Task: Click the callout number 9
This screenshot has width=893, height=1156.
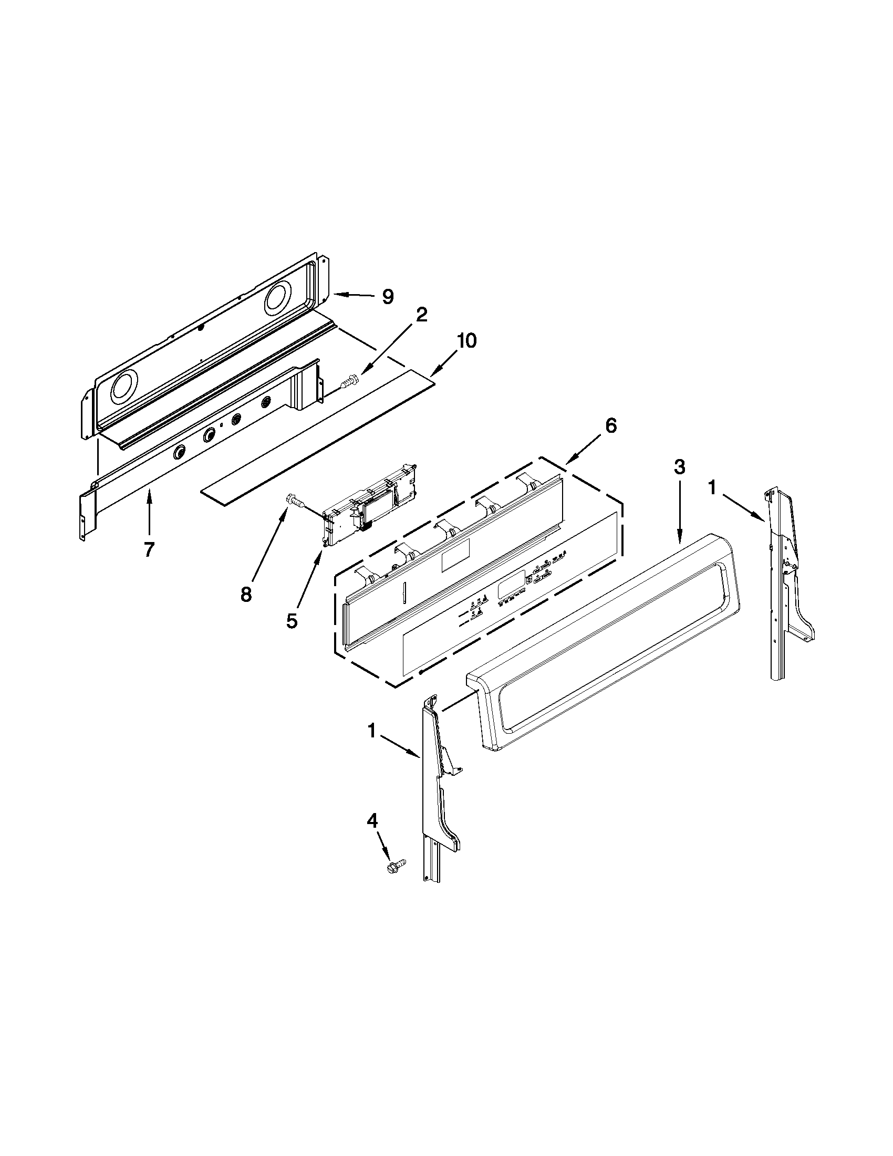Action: pyautogui.click(x=388, y=297)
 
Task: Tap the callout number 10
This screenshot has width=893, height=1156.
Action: pyautogui.click(x=466, y=340)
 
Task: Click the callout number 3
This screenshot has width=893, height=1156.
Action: pyautogui.click(x=679, y=466)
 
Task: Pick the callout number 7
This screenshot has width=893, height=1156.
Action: pyautogui.click(x=149, y=550)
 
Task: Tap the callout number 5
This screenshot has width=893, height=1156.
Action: pyautogui.click(x=292, y=620)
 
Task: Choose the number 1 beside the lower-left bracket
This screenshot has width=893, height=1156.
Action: pyautogui.click(x=371, y=732)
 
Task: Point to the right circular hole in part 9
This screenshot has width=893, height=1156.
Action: pyautogui.click(x=278, y=298)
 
